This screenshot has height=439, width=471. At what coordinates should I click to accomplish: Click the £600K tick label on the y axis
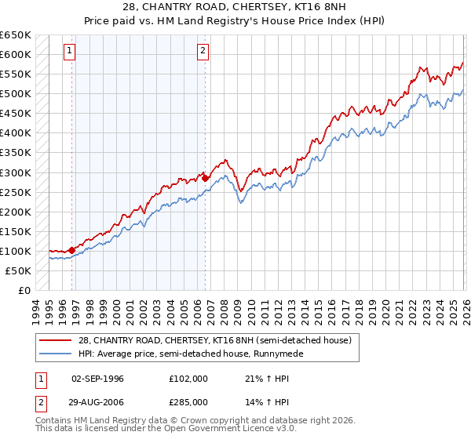16,55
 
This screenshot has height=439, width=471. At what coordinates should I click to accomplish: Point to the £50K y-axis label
18,270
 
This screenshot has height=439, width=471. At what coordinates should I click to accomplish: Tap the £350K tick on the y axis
16,153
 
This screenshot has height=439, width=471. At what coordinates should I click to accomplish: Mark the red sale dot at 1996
72,250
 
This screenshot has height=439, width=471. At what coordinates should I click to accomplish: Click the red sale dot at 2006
206,178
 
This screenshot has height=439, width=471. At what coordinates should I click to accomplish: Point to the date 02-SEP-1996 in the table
98,379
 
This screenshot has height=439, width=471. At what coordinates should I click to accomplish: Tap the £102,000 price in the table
188,379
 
